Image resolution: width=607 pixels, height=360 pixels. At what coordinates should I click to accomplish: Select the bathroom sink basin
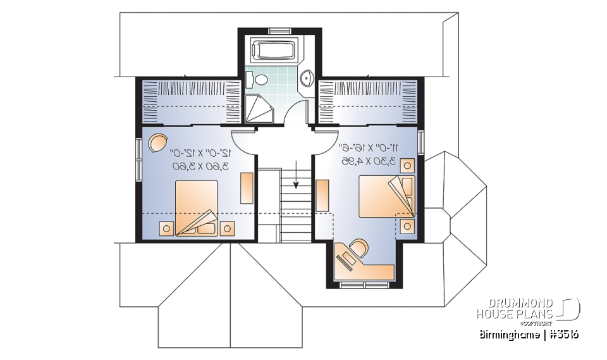tap(307, 78)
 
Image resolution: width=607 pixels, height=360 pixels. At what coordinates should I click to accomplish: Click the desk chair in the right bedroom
tap(358, 247)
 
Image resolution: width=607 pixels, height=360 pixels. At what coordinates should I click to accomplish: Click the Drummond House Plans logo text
tap(515, 308)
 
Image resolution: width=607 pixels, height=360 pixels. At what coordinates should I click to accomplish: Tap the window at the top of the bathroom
tap(279, 30)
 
